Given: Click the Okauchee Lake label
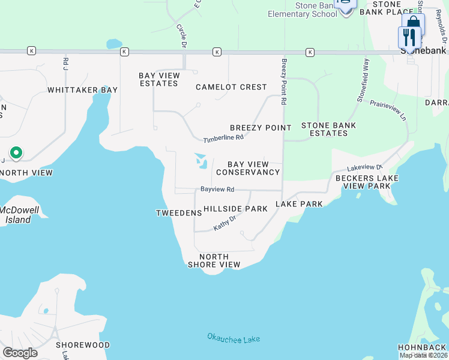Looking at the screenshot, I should pos(234,339).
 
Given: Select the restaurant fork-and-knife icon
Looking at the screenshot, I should pos(409,37).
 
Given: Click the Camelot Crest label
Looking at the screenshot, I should pos(231,87).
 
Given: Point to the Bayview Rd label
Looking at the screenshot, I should pos(217,189).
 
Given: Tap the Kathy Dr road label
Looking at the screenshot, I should pos(225,224).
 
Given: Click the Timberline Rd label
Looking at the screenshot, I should pos(223,138).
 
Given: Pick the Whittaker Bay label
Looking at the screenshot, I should pos(82,90).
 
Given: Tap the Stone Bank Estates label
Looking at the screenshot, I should pos(328,129).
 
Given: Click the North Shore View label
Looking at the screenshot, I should pos(214,260).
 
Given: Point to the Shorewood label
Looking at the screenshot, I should pos(83,345).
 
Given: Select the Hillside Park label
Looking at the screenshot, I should pos(235,209).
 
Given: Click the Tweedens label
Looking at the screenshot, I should pos(178,213).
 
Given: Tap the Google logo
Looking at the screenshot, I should pos(20,352).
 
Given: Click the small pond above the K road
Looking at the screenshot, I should pos(113,44).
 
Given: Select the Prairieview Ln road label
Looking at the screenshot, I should pos(384,109).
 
